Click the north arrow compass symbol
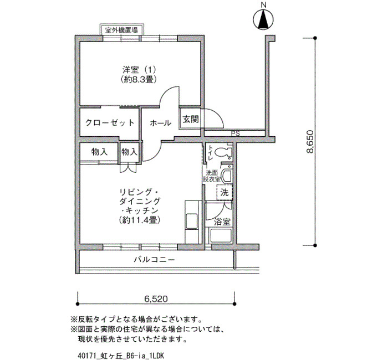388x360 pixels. [x=263, y=20]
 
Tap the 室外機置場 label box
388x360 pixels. [x=122, y=30]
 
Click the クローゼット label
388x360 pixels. [x=110, y=122]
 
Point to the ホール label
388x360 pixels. [x=160, y=122]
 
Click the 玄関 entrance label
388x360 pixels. [x=191, y=120]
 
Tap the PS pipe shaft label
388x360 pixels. [x=236, y=134]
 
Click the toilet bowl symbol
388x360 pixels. [x=223, y=152]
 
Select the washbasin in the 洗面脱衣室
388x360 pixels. [x=227, y=176]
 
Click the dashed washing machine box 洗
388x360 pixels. [x=224, y=192]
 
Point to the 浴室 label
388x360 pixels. [x=222, y=222]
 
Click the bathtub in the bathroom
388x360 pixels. [x=221, y=235]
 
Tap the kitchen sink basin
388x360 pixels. [x=192, y=222]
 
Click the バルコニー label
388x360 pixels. [x=155, y=260]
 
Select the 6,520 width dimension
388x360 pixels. [x=156, y=299]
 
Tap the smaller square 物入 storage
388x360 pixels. [x=129, y=152]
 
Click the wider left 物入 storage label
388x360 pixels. [x=99, y=152]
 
